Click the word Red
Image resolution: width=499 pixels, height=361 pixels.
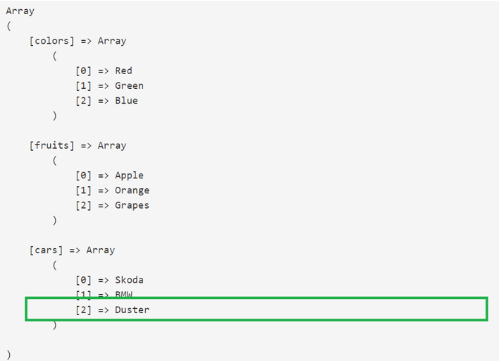point(123,71)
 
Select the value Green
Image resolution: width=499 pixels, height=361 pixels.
point(129,85)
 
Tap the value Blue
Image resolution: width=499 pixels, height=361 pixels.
point(126,101)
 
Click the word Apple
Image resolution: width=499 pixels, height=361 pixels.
point(129,176)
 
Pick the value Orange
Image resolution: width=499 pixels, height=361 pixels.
point(132,190)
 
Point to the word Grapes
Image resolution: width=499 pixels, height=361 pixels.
point(132,205)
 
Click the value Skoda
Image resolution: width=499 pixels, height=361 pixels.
point(129,280)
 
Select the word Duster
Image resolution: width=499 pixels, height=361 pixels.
point(132,310)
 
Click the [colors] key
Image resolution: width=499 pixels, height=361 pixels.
point(51,41)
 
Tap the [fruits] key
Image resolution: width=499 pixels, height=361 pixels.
point(51,145)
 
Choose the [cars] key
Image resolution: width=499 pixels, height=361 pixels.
point(46,250)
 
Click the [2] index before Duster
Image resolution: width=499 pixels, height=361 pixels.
point(83,310)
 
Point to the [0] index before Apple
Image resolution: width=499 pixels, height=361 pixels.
point(83,176)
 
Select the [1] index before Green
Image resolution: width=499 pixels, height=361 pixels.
point(83,85)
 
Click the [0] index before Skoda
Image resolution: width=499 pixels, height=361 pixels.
point(83,280)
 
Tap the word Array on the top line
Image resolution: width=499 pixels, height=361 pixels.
point(20,11)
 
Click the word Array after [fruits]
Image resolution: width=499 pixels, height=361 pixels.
point(112,145)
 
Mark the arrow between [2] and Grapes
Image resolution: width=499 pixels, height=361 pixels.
point(103,205)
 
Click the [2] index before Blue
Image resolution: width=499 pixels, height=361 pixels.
point(83,101)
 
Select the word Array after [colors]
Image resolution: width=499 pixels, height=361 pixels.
point(112,41)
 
